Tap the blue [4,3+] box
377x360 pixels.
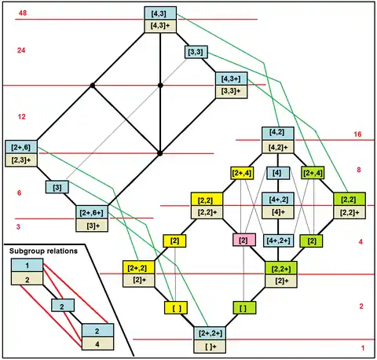tap(231, 79)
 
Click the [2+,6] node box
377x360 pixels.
tap(21, 147)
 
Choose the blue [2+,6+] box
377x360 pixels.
tap(92, 212)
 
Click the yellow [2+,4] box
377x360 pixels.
tap(242, 173)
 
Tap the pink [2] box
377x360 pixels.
tap(244, 240)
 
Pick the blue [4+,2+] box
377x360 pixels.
tap(278, 241)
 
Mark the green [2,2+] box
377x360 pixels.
tap(281, 268)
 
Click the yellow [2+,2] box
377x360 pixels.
tap(138, 267)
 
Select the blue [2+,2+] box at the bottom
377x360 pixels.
tap(210, 333)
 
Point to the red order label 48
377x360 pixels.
tap(23, 13)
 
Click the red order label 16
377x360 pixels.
tap(357, 134)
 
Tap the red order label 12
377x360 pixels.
tap(22, 116)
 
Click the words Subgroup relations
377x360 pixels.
tap(43, 251)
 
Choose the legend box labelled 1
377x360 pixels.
tap(27, 266)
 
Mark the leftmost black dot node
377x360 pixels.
tap(92, 86)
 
